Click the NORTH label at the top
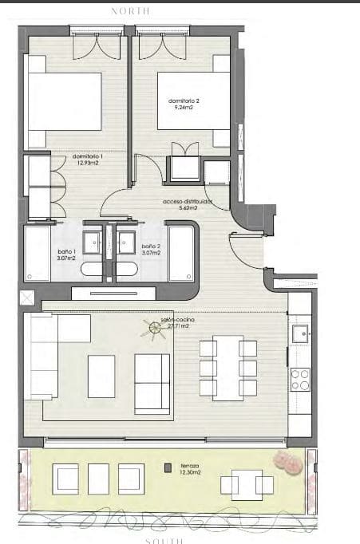pyautogui.click(x=133, y=11)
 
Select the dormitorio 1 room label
pyautogui.click(x=89, y=160)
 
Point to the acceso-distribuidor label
pyautogui.click(x=188, y=206)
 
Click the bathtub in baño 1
pyautogui.click(x=38, y=253)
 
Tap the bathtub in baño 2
pyautogui.click(x=181, y=253)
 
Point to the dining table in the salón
pyautogui.click(x=227, y=368)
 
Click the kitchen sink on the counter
pyautogui.click(x=300, y=333)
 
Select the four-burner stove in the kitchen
pyautogui.click(x=300, y=379)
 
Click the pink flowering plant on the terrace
pyautogui.click(x=285, y=461)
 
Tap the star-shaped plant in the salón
pyautogui.click(x=151, y=328)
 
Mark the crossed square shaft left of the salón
pyautogui.click(x=28, y=299)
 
